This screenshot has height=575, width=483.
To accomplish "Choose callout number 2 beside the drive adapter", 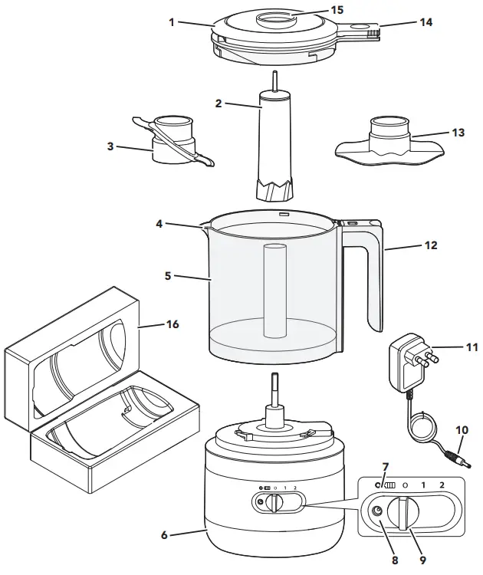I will [x=219, y=103].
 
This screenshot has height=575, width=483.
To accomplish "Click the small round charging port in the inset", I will [x=377, y=513].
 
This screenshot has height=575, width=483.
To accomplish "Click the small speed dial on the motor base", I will [x=279, y=503].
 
